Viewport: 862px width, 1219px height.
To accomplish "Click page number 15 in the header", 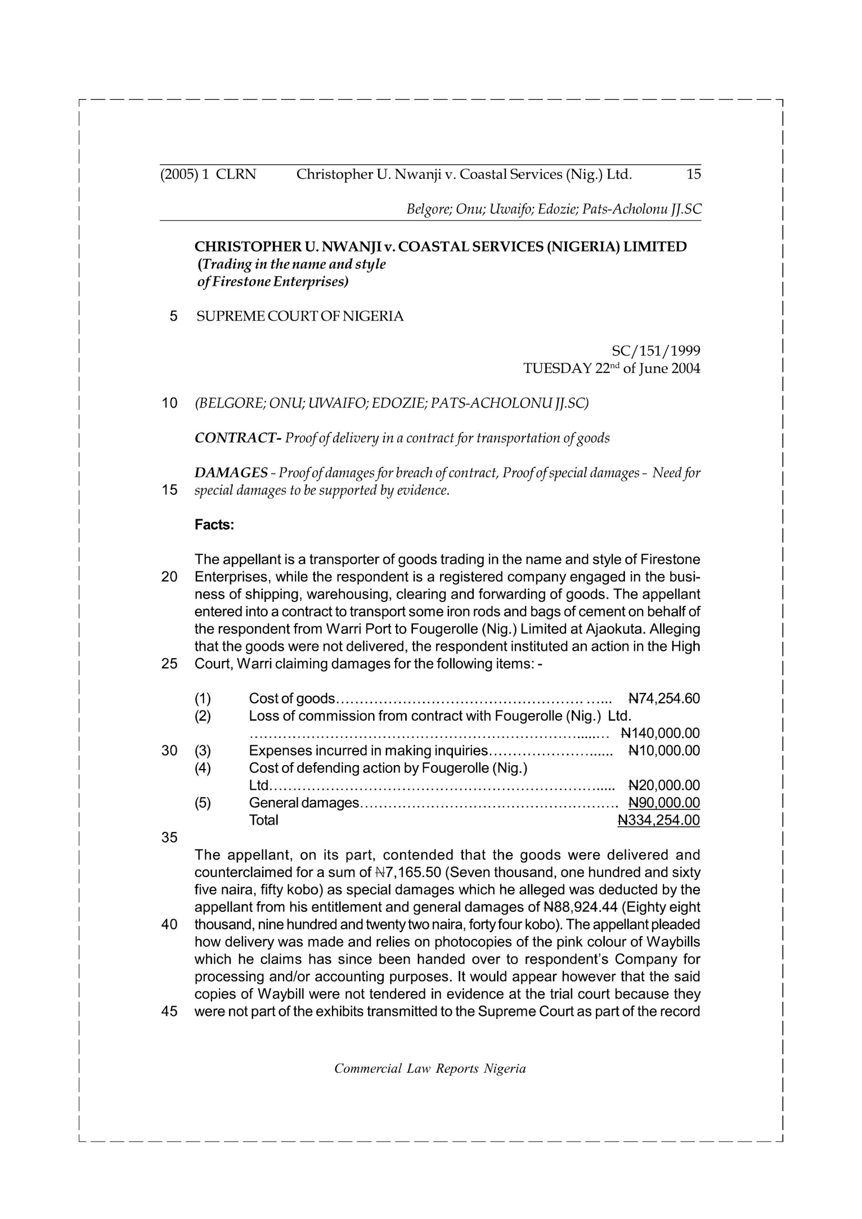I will [x=693, y=174].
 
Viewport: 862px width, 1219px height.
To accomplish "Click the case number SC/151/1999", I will [x=655, y=350].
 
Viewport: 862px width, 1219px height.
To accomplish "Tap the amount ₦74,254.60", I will [x=663, y=699].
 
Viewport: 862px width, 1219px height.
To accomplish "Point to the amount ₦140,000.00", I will [x=660, y=733].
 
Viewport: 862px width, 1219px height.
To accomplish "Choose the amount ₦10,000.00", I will [x=663, y=751].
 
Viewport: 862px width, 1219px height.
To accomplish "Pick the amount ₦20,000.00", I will [x=663, y=785].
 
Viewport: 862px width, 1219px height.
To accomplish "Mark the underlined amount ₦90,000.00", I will [x=663, y=803].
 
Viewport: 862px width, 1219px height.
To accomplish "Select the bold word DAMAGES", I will [x=231, y=472].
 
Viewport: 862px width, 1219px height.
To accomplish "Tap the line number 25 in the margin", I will [x=170, y=664].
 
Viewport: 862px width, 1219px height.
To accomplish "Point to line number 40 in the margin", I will [x=170, y=924].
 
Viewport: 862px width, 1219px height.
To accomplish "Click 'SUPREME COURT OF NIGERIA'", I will [x=300, y=317].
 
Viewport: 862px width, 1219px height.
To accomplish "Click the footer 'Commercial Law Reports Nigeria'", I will [x=430, y=1069].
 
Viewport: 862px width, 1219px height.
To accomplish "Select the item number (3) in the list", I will [x=202, y=751].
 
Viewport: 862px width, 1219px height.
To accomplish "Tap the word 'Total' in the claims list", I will [x=263, y=820].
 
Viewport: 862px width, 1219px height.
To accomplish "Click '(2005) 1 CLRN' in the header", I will [x=208, y=174].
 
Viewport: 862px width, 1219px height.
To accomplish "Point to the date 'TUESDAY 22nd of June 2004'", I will [x=611, y=368].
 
